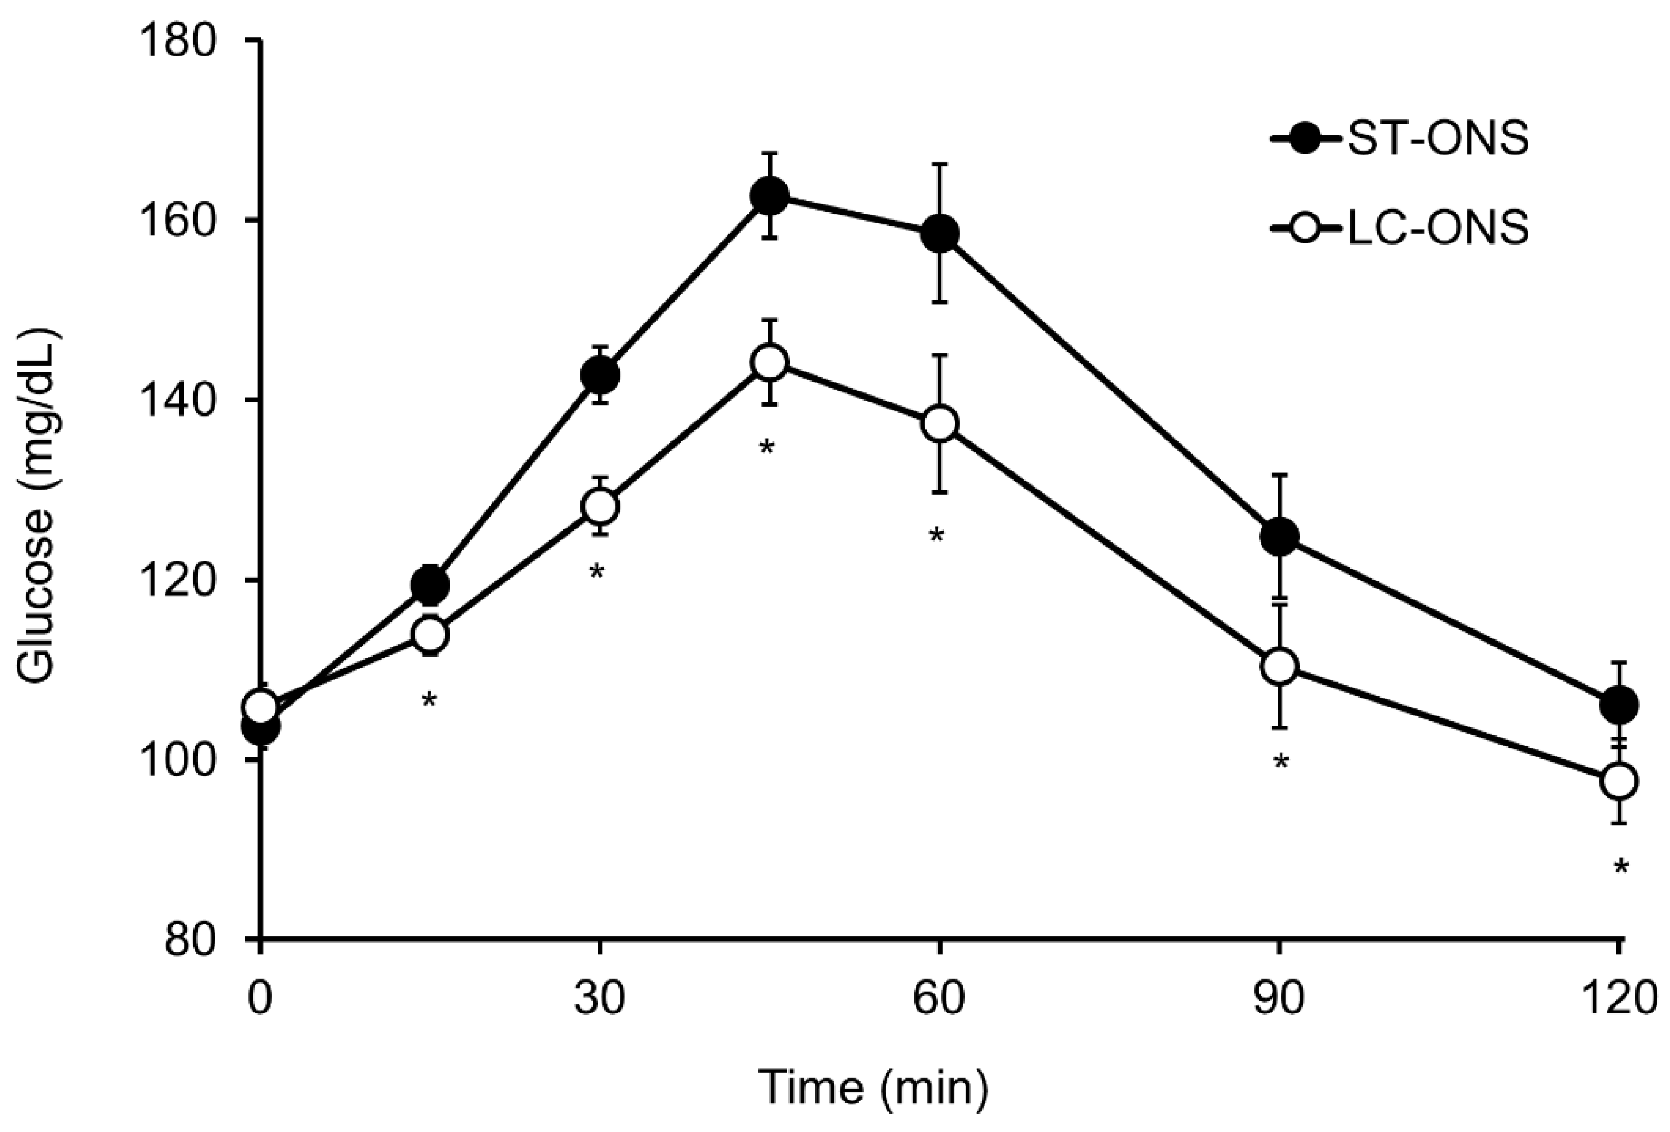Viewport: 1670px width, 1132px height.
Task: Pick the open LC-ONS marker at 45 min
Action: coord(769,363)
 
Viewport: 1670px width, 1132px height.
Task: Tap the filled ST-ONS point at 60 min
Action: coord(939,234)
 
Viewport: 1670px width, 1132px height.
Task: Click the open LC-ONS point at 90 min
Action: coord(1279,666)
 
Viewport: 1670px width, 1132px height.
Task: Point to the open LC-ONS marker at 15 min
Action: coord(430,634)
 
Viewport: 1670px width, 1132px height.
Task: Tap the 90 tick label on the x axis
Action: coord(1279,999)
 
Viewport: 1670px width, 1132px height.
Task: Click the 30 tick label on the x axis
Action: coord(599,999)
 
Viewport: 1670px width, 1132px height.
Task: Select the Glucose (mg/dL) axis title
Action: coord(37,506)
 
